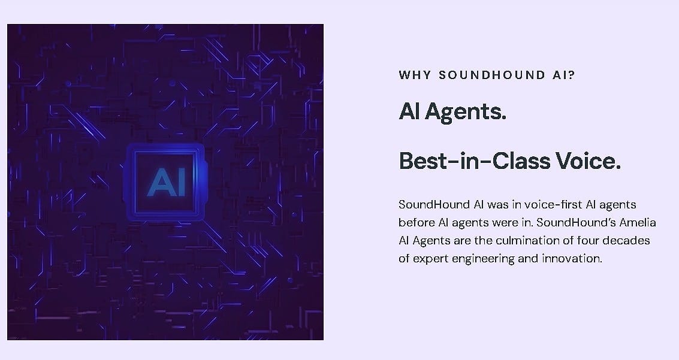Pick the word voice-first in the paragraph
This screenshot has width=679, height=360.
tap(542, 205)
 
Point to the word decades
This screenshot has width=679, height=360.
tap(629, 241)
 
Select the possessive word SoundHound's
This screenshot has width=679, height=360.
tap(574, 223)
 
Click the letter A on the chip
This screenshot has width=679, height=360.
tap(158, 182)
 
